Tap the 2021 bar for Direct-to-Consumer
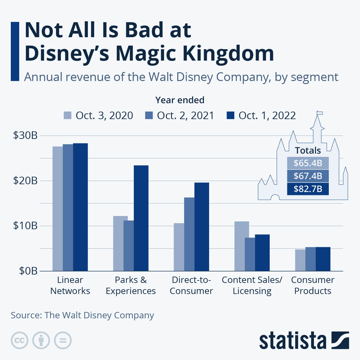(x=189, y=234)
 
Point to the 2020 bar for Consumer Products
(x=300, y=260)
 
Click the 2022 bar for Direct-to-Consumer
(x=202, y=226)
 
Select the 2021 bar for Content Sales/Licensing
(x=250, y=254)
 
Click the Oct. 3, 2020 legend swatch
(x=67, y=115)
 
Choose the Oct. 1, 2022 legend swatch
(x=230, y=115)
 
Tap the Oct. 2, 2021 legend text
(x=185, y=115)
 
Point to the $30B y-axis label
(x=25, y=135)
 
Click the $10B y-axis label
(x=25, y=226)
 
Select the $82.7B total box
(x=308, y=189)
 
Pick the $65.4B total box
(x=308, y=163)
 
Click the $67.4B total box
(x=308, y=176)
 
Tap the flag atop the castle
(x=320, y=113)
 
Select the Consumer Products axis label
(x=313, y=285)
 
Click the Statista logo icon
(x=340, y=340)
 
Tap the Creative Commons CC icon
(x=19, y=340)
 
